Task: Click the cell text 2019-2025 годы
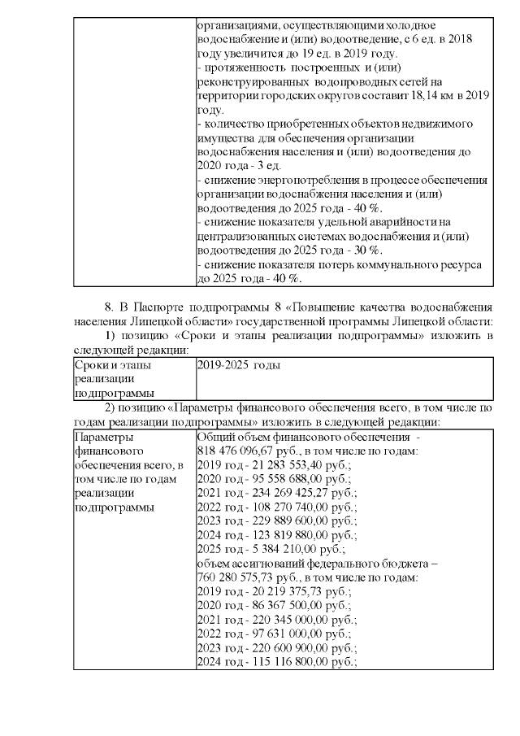[239, 366]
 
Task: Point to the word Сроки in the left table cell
[89, 366]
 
